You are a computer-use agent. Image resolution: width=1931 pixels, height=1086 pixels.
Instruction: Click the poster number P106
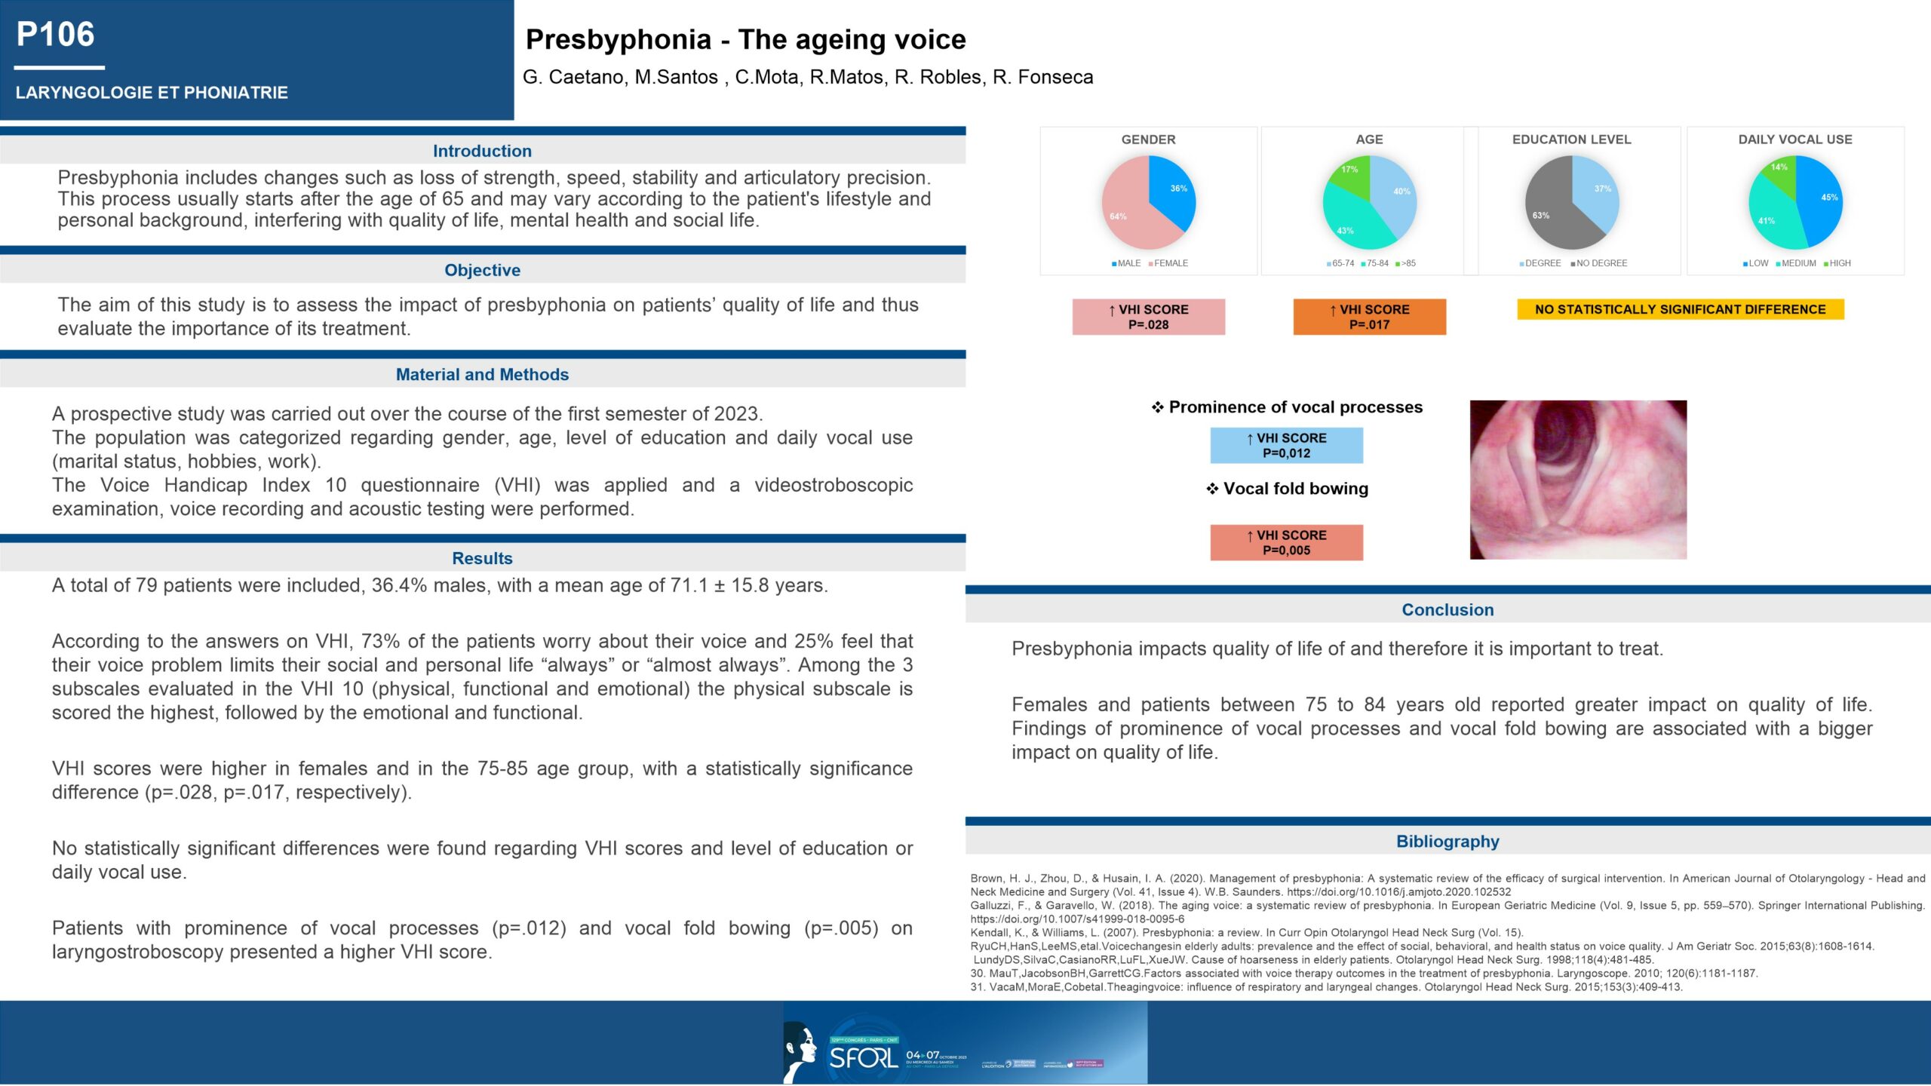point(56,35)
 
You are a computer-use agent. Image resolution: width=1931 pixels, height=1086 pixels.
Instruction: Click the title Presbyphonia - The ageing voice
point(745,39)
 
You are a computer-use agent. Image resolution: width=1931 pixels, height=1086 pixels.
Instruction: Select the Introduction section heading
point(482,151)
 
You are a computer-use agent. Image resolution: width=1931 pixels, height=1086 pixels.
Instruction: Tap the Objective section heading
point(482,270)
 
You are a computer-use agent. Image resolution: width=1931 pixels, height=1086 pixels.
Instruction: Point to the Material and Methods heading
point(482,374)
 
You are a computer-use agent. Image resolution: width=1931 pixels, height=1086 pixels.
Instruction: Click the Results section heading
point(482,558)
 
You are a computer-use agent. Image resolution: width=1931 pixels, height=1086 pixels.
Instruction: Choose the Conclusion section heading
point(1447,609)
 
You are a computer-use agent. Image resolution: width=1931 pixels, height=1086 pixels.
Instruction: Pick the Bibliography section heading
point(1447,841)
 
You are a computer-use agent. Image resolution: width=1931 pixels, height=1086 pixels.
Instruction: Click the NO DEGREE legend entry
point(1601,263)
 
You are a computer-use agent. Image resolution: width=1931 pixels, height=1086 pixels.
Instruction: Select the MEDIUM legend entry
point(1797,263)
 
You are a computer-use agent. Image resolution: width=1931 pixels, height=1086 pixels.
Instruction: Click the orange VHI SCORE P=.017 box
point(1369,317)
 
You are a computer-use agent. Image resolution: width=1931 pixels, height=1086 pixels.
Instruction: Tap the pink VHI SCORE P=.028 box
point(1148,317)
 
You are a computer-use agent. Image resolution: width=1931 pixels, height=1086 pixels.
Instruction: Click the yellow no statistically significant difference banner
point(1680,309)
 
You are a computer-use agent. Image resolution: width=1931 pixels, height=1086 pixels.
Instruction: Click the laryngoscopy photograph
point(1578,480)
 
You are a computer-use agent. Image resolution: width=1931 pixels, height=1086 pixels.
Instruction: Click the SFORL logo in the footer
point(864,1057)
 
